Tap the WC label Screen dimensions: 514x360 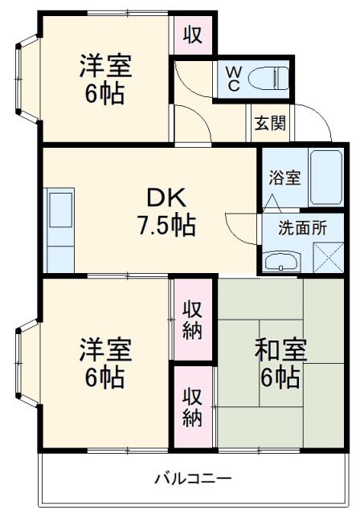(231, 78)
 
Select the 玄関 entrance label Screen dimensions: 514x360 (270, 124)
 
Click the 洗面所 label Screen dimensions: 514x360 (302, 227)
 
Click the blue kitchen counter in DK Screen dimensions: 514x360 (60, 230)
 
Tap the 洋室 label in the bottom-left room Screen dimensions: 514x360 (104, 351)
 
